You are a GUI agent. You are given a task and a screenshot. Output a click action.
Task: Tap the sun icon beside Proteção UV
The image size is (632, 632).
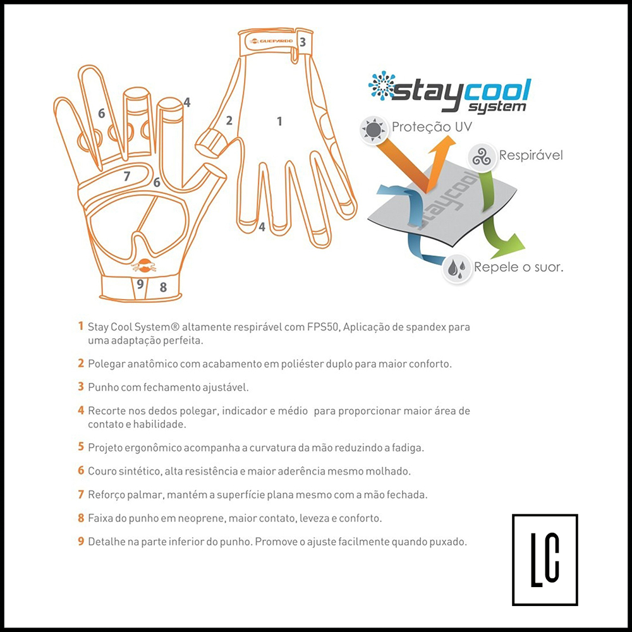(374, 130)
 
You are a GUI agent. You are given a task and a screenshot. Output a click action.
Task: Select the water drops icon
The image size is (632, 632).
(457, 267)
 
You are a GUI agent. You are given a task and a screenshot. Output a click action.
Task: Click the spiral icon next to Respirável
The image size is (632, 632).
(481, 157)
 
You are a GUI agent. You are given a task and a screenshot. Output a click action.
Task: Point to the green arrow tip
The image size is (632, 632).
(525, 246)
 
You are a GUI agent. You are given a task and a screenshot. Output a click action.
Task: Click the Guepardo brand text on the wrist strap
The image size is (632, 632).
(276, 40)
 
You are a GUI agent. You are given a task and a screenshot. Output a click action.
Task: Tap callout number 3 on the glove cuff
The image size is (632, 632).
(302, 42)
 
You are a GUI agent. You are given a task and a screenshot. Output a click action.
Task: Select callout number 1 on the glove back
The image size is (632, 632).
(279, 121)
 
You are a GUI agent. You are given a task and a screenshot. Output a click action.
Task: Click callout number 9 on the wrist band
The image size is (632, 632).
(140, 284)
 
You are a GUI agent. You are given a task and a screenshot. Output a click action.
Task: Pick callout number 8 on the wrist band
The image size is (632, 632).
(163, 287)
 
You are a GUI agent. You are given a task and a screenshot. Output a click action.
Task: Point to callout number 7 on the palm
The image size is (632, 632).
(127, 176)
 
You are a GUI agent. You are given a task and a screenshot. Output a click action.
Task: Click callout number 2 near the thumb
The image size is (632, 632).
(229, 120)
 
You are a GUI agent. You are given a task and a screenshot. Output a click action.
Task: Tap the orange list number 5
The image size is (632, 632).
(81, 447)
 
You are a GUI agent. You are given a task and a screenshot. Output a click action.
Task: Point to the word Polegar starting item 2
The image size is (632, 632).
(106, 365)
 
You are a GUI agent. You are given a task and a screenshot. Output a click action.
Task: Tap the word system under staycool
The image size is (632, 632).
(497, 107)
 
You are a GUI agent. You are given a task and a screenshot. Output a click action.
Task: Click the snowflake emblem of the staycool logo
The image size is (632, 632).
(382, 85)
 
